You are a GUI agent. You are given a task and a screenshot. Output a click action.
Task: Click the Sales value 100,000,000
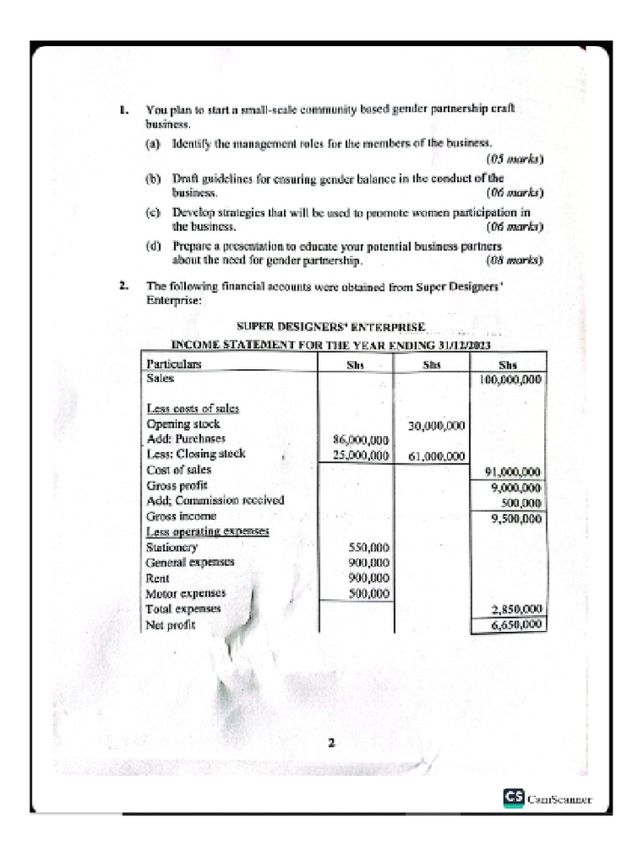(508, 379)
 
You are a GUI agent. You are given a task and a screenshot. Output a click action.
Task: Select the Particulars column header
(174, 365)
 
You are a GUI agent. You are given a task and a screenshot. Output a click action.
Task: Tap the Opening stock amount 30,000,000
(436, 426)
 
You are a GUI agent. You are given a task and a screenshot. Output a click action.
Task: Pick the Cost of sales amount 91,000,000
(508, 472)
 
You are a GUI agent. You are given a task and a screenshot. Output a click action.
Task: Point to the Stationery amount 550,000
(368, 548)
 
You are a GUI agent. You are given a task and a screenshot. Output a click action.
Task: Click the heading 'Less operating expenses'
(197, 532)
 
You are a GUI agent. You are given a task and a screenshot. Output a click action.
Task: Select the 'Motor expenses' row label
(186, 593)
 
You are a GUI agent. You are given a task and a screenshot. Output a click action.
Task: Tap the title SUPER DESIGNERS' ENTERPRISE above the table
(331, 326)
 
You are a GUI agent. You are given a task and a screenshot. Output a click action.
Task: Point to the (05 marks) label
(514, 159)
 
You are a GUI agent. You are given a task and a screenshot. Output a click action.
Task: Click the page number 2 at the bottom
(331, 742)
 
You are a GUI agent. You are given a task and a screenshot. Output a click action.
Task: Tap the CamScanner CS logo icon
(513, 798)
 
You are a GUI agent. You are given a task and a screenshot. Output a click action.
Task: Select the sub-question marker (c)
(152, 213)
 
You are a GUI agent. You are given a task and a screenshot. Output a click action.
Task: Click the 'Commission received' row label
(215, 500)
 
